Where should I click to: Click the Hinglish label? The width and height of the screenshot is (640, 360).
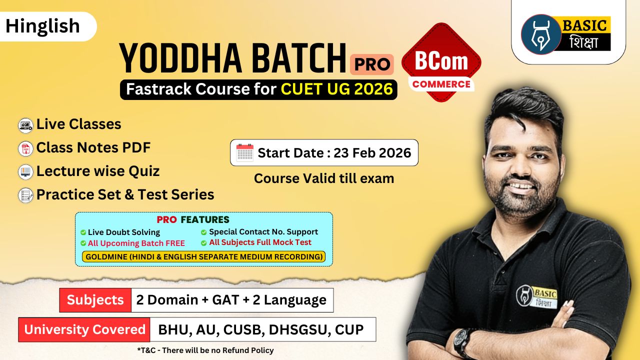[43, 26]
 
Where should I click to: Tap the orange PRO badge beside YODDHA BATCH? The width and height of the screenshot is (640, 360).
[372, 64]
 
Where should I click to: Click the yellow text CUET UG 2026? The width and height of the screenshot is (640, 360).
[336, 89]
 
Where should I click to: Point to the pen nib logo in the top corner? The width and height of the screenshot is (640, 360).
[540, 34]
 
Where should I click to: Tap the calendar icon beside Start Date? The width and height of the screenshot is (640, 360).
[244, 152]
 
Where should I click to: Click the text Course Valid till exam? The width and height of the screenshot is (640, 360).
[324, 178]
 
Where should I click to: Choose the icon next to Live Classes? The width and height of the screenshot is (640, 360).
[25, 124]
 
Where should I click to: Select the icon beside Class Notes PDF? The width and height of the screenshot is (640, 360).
[25, 148]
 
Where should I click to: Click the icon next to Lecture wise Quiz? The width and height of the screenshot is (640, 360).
[25, 171]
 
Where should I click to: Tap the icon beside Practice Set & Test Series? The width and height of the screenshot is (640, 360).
[25, 195]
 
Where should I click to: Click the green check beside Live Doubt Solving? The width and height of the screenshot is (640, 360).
[83, 232]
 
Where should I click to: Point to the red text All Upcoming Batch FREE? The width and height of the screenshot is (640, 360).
[136, 243]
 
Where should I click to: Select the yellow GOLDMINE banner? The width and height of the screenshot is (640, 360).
[203, 257]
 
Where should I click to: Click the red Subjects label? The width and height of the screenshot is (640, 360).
[95, 300]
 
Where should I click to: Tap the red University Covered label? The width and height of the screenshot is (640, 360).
[84, 329]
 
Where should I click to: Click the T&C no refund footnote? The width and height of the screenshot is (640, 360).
[205, 350]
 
